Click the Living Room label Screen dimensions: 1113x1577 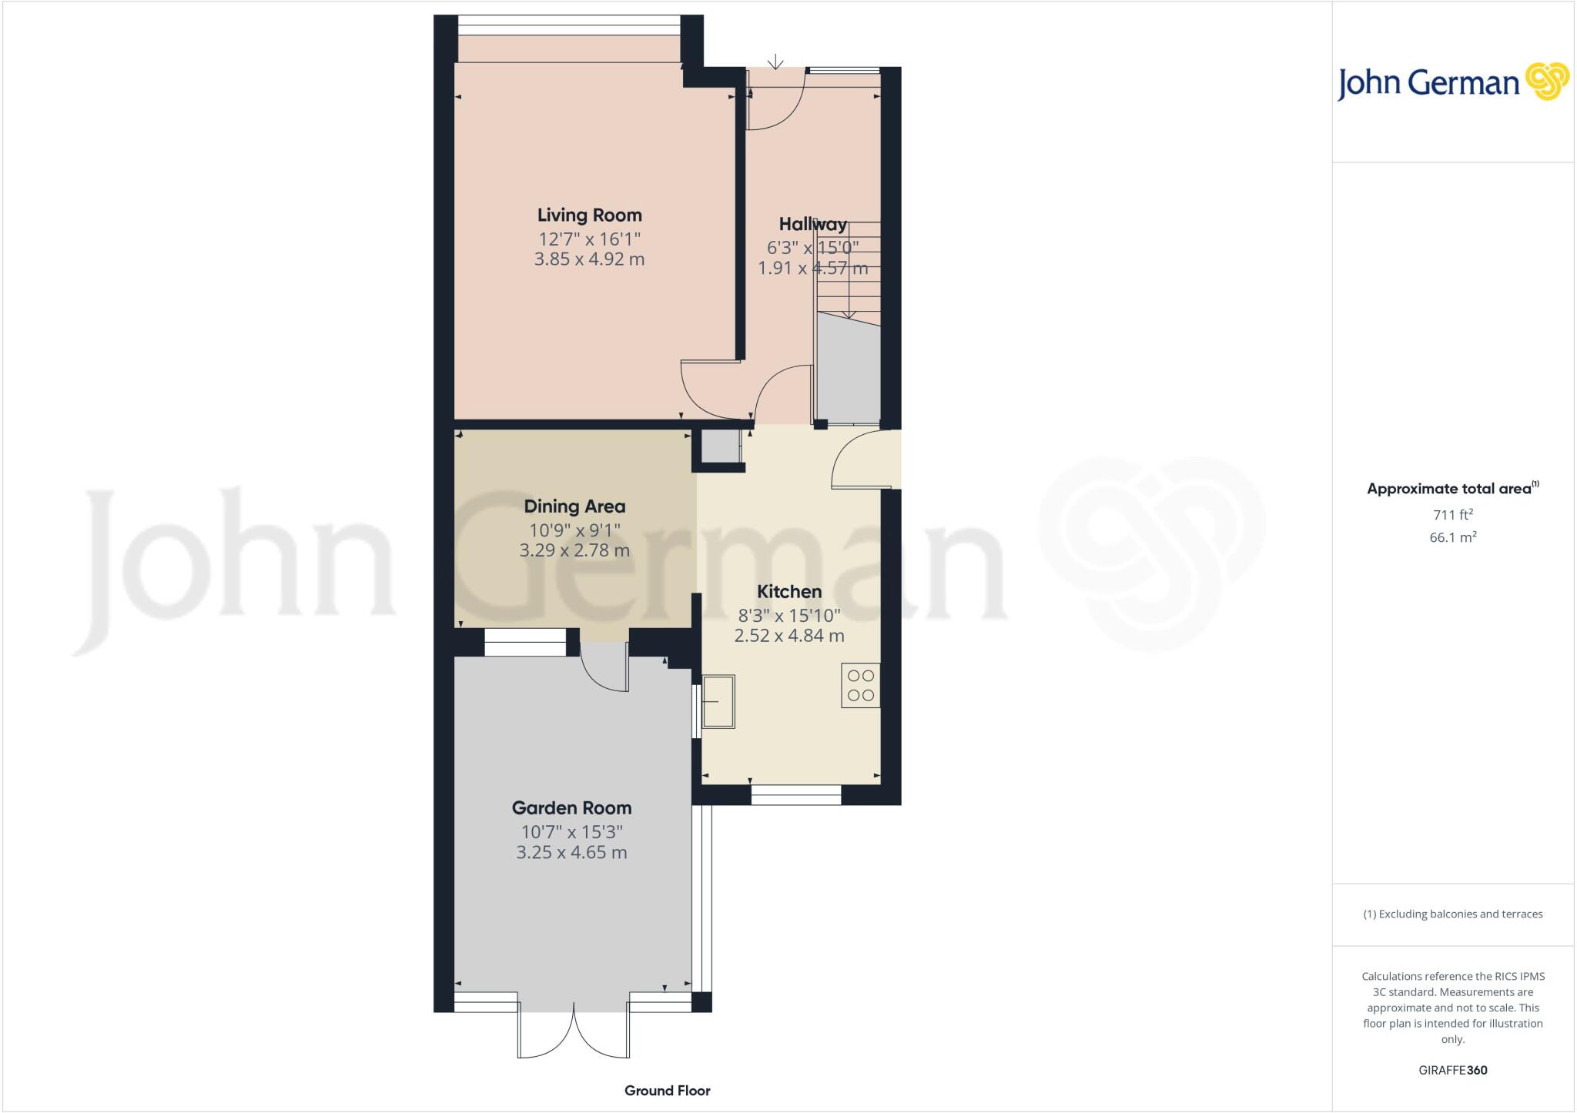589,216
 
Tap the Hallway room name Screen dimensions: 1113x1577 812,225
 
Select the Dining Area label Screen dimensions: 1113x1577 574,506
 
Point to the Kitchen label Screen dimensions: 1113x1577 789,592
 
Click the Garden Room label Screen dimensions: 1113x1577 571,808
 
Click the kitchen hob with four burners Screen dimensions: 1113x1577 860,685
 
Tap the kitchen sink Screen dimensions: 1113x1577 718,701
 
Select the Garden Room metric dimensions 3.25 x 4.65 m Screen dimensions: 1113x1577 571,853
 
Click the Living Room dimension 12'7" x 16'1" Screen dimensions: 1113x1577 589,239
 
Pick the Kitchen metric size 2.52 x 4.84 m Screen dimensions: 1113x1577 789,636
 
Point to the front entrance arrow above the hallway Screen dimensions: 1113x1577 775,62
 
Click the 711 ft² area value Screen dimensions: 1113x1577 1452,515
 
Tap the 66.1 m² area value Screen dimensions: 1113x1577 1452,537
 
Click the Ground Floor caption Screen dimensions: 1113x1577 667,1091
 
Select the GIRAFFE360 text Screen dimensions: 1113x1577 1452,1070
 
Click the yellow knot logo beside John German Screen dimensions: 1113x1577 1547,82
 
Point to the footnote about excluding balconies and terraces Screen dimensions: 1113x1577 1452,914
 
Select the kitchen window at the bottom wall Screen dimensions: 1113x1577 795,796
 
